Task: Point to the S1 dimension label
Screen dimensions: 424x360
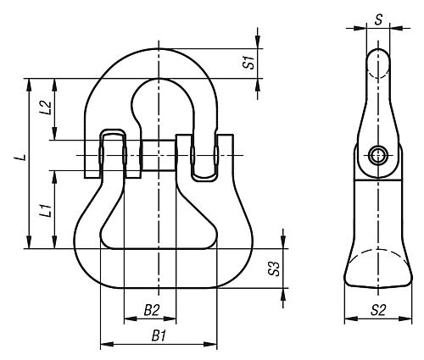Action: [x=248, y=63]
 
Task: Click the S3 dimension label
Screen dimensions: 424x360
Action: [x=274, y=269]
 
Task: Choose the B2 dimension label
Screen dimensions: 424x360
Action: [x=152, y=310]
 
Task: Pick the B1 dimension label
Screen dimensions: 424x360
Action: [x=159, y=336]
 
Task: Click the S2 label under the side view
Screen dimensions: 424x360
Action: [x=378, y=310]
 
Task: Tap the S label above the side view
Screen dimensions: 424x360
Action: [x=378, y=19]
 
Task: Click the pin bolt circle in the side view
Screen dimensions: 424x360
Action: [x=378, y=155]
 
